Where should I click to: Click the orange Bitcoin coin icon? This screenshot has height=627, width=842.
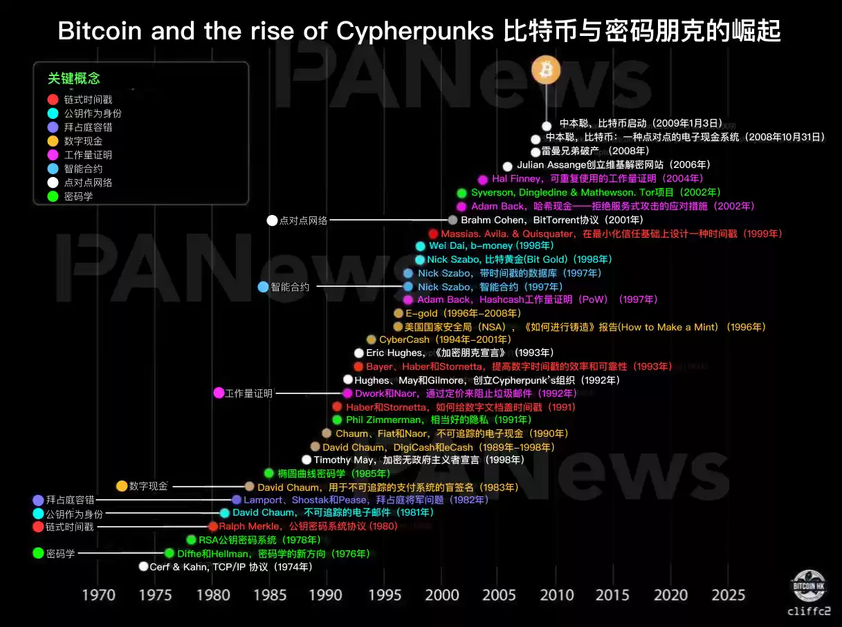(x=546, y=70)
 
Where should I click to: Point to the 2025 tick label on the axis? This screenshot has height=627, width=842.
(x=728, y=595)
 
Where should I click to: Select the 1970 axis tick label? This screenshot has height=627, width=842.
(x=99, y=595)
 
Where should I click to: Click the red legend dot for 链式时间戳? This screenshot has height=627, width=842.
(x=53, y=99)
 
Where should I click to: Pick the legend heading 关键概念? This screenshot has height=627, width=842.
(x=73, y=79)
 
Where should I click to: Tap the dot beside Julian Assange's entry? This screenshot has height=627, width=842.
(x=507, y=166)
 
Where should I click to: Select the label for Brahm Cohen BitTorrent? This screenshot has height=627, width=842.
(x=552, y=220)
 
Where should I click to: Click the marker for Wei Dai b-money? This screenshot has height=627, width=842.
(x=420, y=246)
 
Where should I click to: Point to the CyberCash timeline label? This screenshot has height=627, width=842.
(x=445, y=339)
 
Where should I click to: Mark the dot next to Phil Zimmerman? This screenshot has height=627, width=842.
(x=337, y=420)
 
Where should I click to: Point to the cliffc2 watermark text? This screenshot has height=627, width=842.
(x=809, y=611)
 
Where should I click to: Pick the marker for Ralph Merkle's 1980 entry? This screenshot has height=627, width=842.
(x=213, y=527)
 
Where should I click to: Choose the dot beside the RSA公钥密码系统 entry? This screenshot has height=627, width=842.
(x=191, y=540)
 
